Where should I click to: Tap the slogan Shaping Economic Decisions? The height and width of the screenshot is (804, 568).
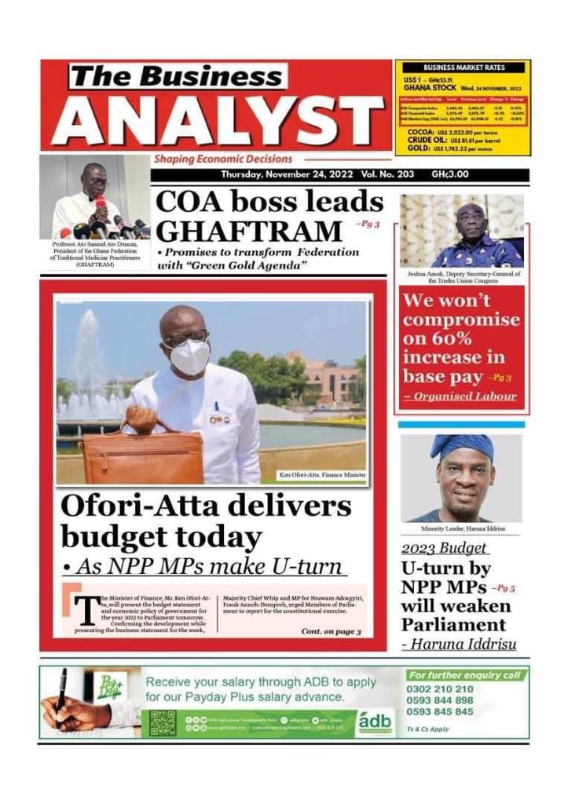(x=222, y=159)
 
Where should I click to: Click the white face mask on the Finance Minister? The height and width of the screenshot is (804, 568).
(x=190, y=357)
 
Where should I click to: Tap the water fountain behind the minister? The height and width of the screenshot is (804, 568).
(x=87, y=369)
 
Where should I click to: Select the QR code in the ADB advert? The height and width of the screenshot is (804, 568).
(x=163, y=723)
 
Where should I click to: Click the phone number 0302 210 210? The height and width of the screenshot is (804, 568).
(x=440, y=689)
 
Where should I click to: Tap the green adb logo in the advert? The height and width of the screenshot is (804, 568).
(x=376, y=722)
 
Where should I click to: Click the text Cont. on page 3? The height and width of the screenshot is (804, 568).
(x=331, y=631)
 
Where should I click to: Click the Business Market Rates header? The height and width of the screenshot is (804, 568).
(x=464, y=68)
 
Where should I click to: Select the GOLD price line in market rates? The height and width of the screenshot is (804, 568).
(x=454, y=148)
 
